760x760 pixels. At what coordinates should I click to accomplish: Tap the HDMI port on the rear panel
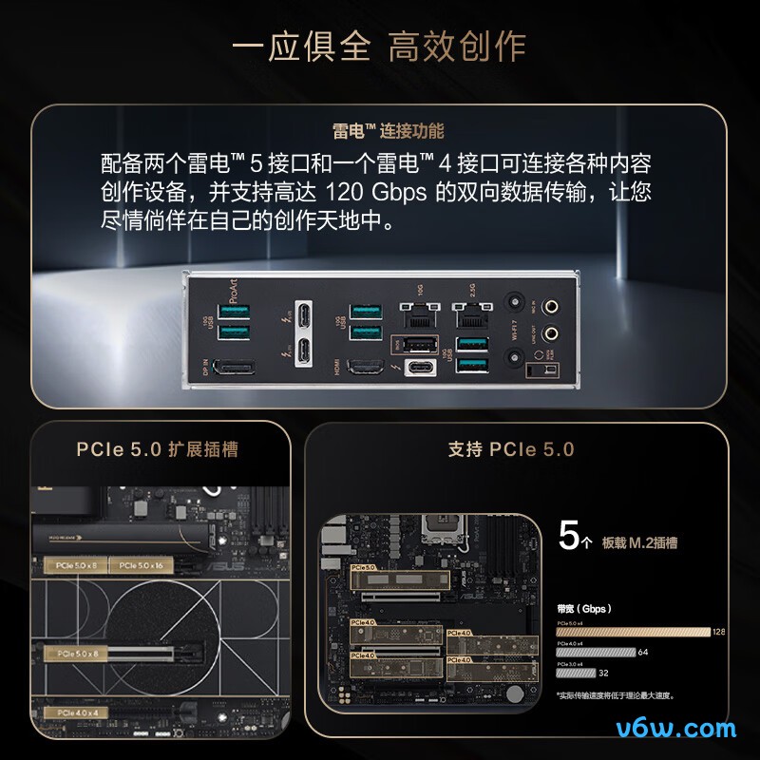point(362,370)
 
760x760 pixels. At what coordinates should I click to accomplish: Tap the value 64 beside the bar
point(642,652)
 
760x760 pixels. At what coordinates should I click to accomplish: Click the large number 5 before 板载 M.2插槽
point(568,538)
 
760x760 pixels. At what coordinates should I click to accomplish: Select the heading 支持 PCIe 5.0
point(511,449)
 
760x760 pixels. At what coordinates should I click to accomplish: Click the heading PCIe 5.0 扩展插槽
point(157,449)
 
